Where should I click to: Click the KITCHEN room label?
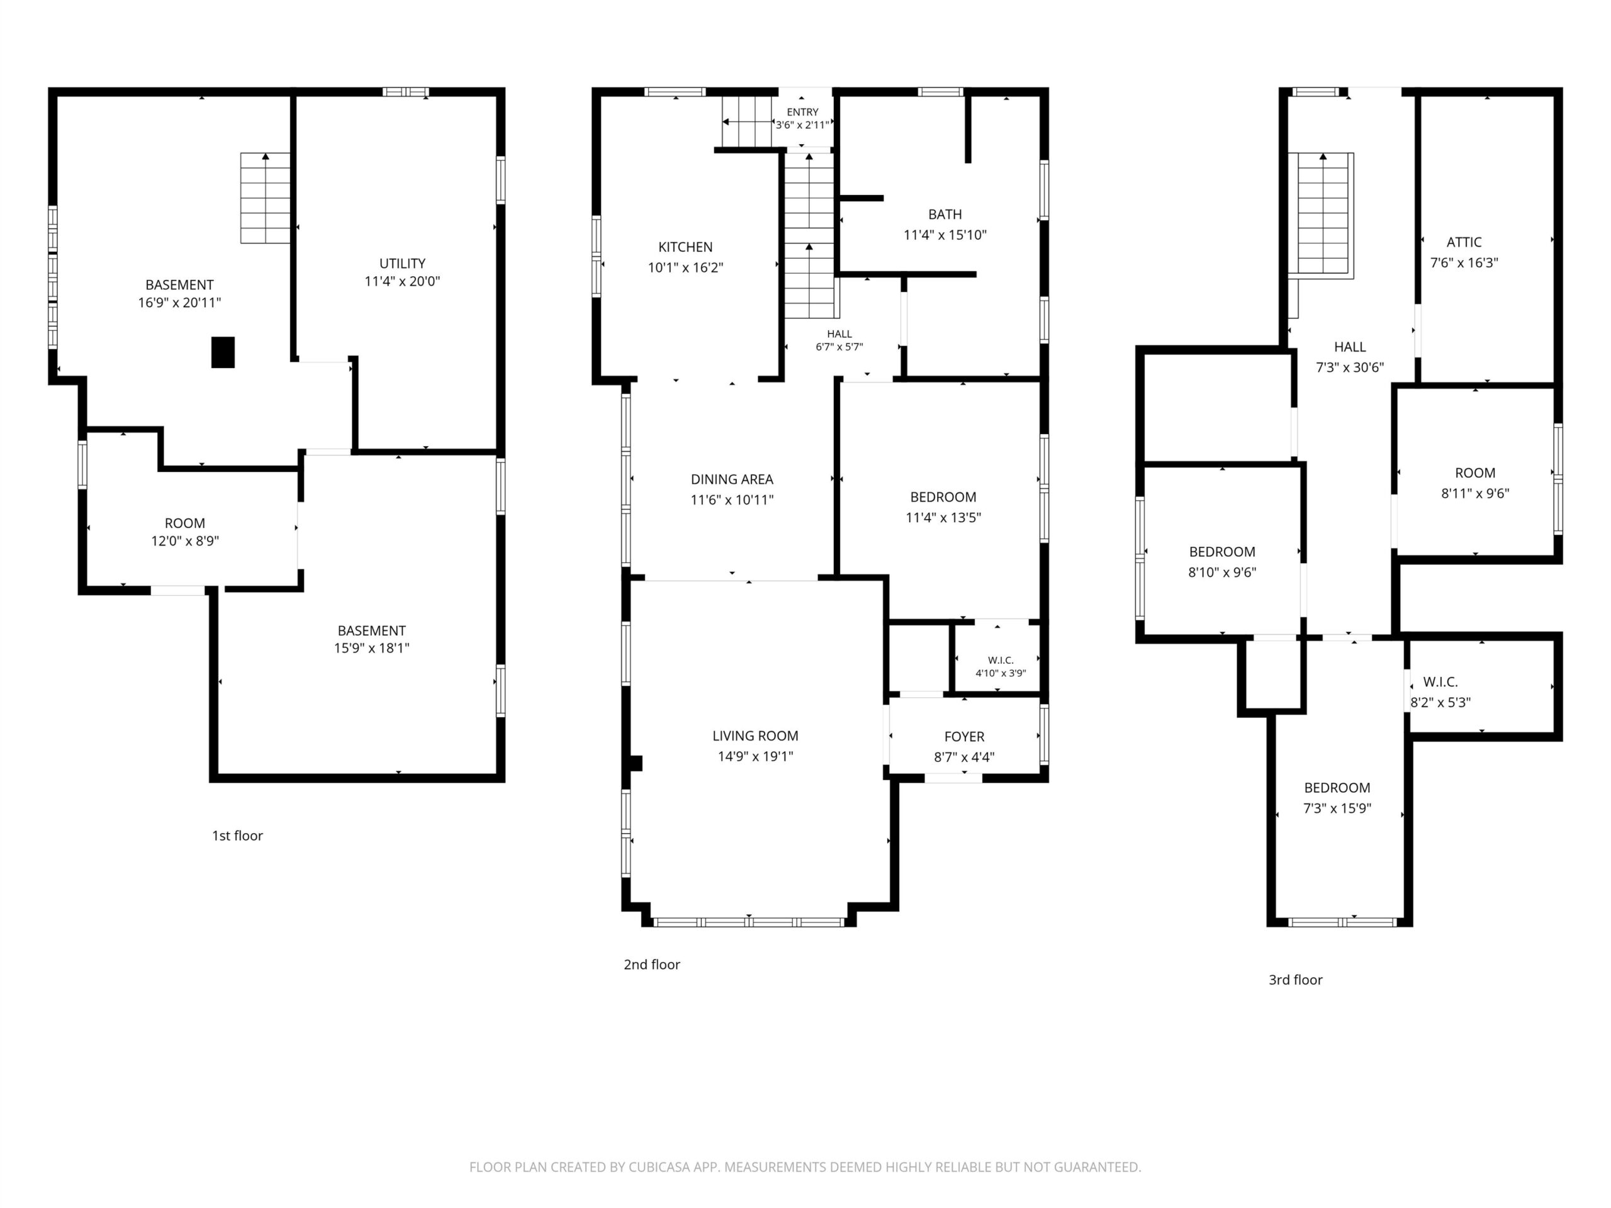tap(685, 247)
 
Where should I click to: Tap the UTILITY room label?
tap(402, 264)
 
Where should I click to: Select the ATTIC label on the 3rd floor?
tap(1464, 242)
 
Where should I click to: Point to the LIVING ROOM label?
tap(755, 736)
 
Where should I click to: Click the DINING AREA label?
tap(732, 480)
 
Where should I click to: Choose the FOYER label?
tap(964, 737)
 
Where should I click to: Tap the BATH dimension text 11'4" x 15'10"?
tap(945, 235)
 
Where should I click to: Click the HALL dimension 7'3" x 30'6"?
tap(1350, 367)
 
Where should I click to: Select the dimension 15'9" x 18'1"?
tap(371, 648)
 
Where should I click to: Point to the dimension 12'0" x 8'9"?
tap(185, 541)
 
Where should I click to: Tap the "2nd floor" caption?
tap(652, 965)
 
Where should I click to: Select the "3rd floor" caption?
tap(1296, 980)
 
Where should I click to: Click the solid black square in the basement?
tap(223, 352)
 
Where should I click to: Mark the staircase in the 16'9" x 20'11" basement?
tap(266, 198)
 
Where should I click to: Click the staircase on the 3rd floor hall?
tap(1321, 216)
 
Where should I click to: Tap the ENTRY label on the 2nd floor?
tap(802, 112)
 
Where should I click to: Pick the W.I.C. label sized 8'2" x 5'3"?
tap(1440, 682)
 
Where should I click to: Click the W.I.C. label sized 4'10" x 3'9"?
tap(1001, 661)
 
